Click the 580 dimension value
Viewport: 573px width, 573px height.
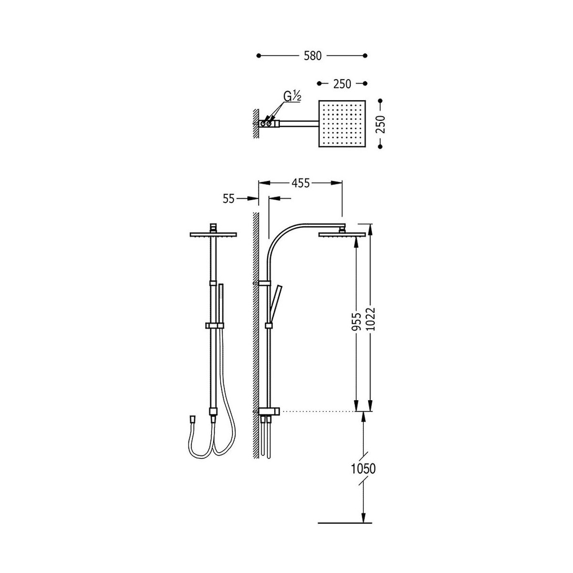coord(312,56)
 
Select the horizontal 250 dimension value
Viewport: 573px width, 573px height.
coord(342,84)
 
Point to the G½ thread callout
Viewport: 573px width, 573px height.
coord(292,96)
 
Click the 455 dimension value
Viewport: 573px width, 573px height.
coord(300,183)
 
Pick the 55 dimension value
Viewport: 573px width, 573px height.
coord(229,199)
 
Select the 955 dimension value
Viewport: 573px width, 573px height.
coord(356,321)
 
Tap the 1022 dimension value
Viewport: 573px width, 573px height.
coord(371,319)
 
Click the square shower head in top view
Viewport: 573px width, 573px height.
coord(342,123)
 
